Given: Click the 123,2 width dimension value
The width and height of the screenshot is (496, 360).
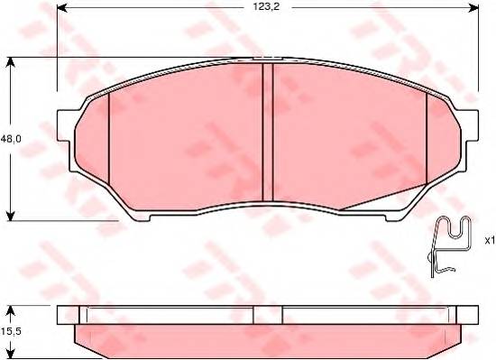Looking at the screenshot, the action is click(266, 7).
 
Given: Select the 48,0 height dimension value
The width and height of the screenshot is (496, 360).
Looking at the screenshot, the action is click(11, 139).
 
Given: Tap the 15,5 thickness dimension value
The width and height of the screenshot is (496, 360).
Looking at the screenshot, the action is click(11, 331).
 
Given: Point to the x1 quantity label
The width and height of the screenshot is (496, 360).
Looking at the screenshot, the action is click(490, 241).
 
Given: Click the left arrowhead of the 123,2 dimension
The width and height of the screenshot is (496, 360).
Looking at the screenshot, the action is click(61, 8).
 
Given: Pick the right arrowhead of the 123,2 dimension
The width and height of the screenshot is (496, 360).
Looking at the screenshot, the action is click(473, 8).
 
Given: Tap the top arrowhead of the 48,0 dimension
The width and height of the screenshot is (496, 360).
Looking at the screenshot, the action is click(11, 62).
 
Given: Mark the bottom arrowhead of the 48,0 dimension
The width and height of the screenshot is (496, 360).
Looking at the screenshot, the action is click(11, 216).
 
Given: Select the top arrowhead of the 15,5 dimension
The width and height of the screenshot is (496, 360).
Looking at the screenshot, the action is click(11, 310).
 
